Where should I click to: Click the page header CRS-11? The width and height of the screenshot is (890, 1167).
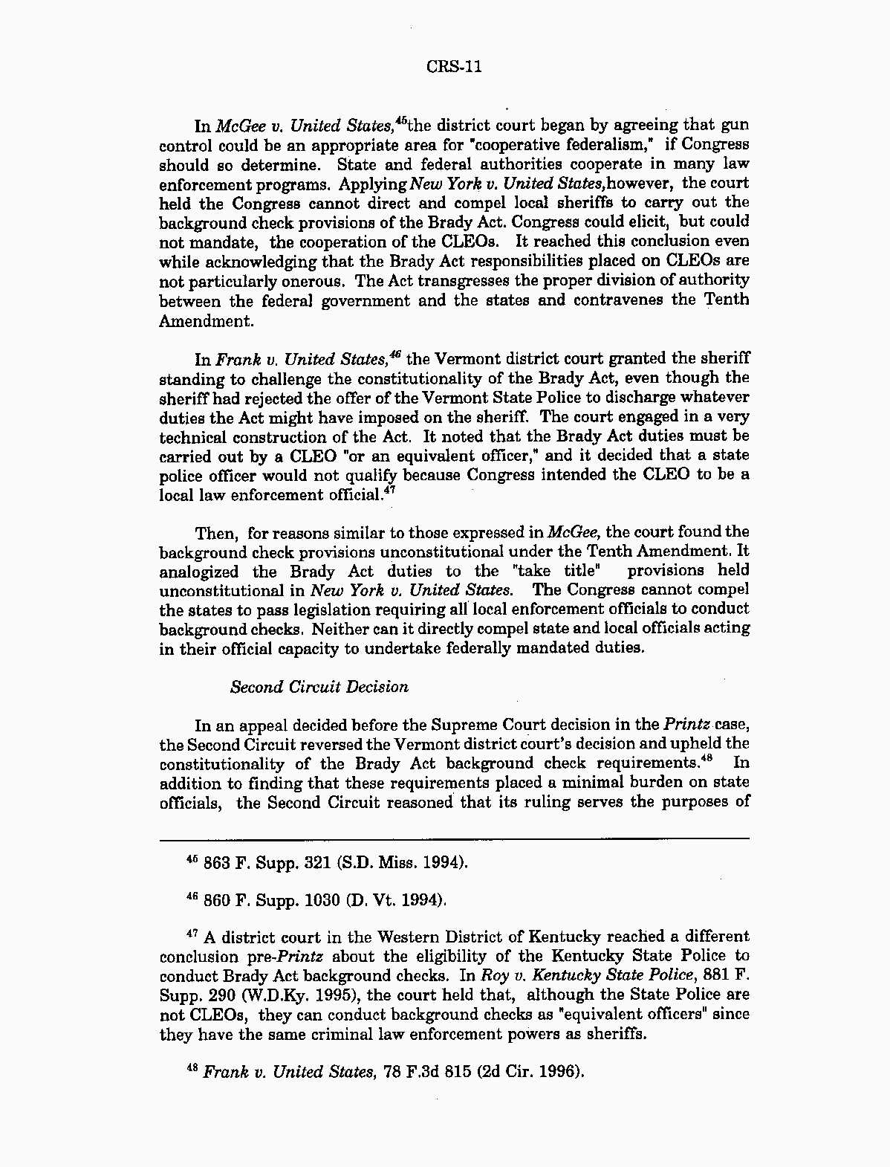tap(454, 67)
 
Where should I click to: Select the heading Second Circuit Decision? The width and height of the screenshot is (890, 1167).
tap(319, 687)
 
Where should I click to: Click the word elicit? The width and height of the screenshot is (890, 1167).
tap(649, 222)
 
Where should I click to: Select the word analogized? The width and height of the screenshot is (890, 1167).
tap(198, 571)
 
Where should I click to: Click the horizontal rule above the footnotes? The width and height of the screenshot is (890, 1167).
tap(454, 838)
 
